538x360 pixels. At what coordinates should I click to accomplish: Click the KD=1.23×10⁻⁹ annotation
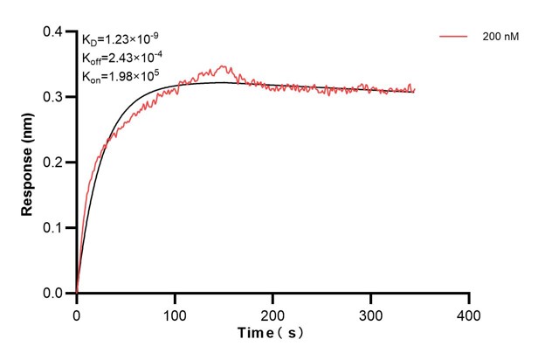tap(121, 39)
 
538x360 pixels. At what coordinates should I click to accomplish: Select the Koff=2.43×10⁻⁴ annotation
tap(121, 58)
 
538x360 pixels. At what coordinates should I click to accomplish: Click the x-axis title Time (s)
tap(272, 334)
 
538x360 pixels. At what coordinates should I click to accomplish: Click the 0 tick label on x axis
tap(77, 312)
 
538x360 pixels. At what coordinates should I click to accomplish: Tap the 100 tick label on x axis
tap(175, 312)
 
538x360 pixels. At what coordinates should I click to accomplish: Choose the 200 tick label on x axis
tap(273, 312)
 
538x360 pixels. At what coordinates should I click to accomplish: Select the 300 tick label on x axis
tap(371, 312)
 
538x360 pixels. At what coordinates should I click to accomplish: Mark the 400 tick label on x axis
tap(469, 312)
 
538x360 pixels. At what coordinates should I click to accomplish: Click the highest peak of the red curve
tap(224, 66)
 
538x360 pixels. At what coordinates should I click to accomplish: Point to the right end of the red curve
tap(414, 88)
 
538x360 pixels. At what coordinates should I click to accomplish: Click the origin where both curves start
tap(77, 293)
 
